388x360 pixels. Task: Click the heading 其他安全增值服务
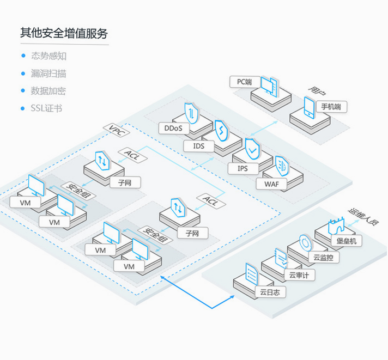click(x=64, y=33)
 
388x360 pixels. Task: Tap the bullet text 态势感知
click(x=48, y=56)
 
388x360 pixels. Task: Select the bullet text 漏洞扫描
click(x=48, y=74)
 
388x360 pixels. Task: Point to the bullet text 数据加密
click(x=48, y=91)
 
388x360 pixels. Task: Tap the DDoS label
click(x=173, y=128)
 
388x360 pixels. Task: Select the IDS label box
click(x=199, y=146)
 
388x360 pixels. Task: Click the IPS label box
click(x=242, y=168)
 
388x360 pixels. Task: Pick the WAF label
click(x=271, y=184)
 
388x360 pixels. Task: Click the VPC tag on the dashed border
click(x=116, y=130)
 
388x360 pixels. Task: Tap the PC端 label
click(x=245, y=82)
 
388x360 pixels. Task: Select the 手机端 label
click(x=331, y=107)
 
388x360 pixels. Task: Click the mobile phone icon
click(x=310, y=107)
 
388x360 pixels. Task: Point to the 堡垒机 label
click(x=347, y=241)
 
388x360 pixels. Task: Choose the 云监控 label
click(x=324, y=258)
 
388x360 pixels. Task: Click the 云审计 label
click(x=299, y=275)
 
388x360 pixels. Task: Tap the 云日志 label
click(x=270, y=292)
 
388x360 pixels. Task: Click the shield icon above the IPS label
click(x=252, y=149)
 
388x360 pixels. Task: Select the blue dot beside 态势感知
click(x=23, y=56)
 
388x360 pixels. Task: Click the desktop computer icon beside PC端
click(x=269, y=87)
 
